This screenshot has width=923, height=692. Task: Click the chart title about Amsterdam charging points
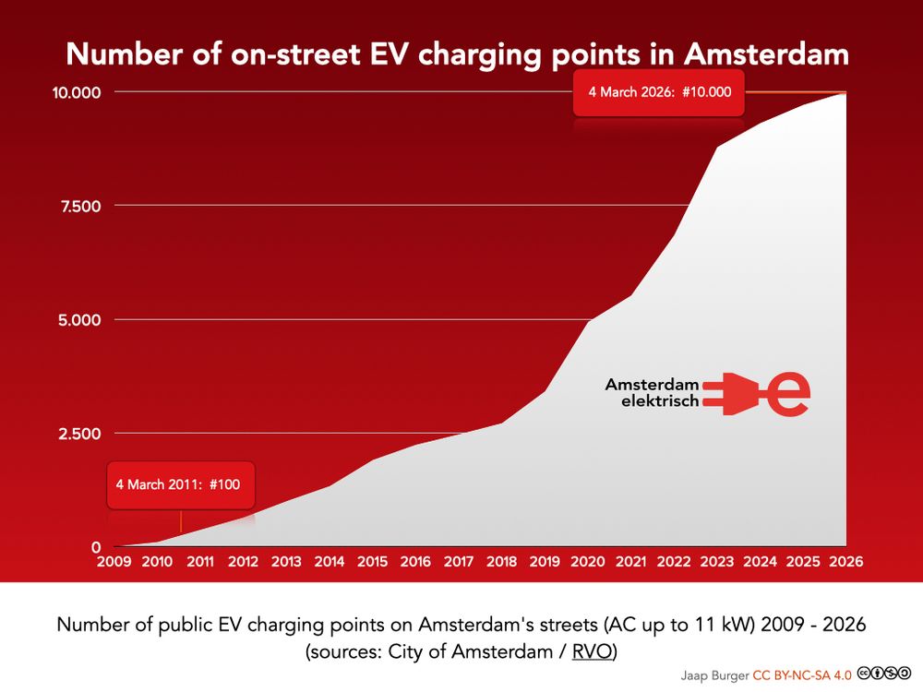click(x=458, y=54)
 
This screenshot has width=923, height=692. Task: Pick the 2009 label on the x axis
click(x=114, y=561)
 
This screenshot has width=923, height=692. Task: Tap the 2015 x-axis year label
click(x=372, y=561)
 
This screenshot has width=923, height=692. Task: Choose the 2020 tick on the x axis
click(x=588, y=561)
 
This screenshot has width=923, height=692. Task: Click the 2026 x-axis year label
click(x=846, y=561)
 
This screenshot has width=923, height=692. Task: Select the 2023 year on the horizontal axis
click(x=717, y=561)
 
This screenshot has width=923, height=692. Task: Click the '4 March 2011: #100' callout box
click(x=181, y=483)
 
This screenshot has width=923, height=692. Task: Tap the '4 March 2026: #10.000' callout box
click(x=659, y=91)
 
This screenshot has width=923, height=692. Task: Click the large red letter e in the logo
click(x=790, y=393)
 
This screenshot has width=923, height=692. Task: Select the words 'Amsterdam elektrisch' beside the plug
click(x=653, y=393)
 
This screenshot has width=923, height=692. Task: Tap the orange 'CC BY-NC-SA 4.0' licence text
click(x=802, y=674)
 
